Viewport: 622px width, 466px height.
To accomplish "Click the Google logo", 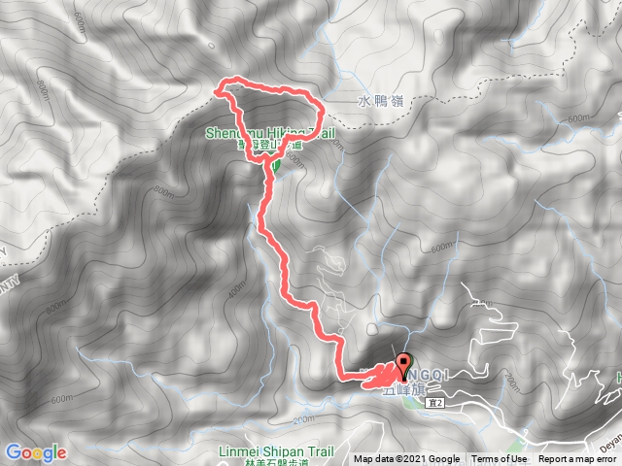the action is [x=35, y=452].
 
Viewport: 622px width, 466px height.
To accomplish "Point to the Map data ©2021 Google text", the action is [x=406, y=459].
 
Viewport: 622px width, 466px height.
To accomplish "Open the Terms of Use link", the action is [x=500, y=459].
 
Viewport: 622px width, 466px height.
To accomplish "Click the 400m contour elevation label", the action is [x=237, y=289].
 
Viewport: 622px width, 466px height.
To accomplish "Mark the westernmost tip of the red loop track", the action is [x=217, y=93].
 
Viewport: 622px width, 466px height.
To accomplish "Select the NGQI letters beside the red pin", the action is [x=429, y=373].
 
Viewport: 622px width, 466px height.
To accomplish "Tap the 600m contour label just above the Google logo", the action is [x=62, y=399].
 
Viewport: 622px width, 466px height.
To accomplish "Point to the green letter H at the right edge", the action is [x=617, y=377].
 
